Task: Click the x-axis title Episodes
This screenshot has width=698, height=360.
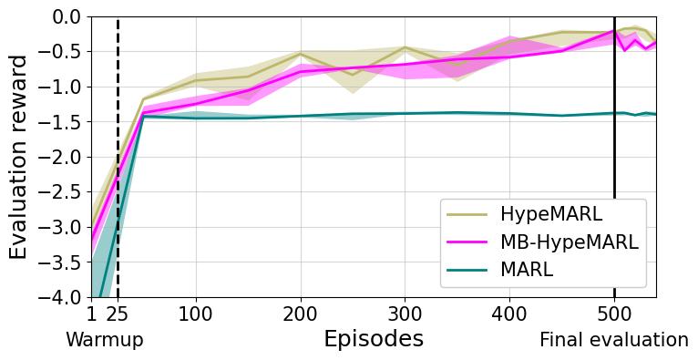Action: (374, 340)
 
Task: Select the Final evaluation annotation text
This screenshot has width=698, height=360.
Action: (613, 341)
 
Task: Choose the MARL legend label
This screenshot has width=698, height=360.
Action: (526, 271)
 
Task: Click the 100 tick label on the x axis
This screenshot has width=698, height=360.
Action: (196, 315)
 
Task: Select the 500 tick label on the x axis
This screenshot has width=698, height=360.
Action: (614, 315)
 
